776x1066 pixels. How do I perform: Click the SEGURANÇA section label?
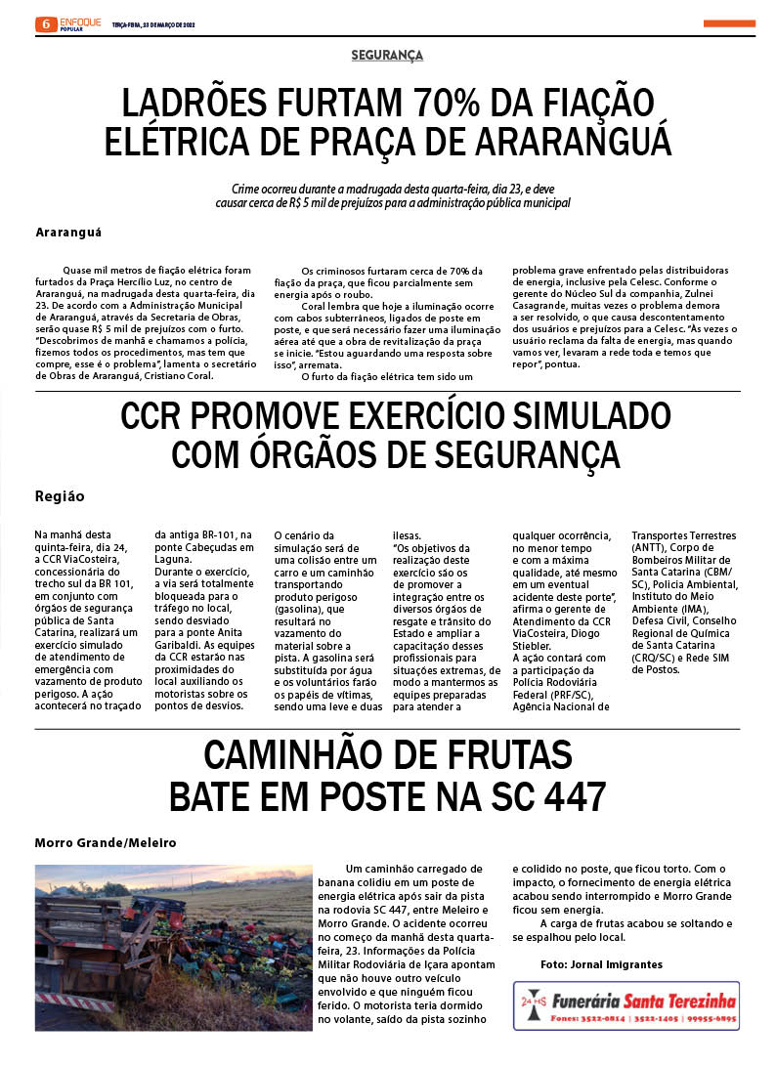click(387, 56)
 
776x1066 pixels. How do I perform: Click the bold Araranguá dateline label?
click(68, 233)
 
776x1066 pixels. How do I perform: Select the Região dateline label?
click(60, 496)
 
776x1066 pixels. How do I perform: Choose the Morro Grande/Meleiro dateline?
click(106, 842)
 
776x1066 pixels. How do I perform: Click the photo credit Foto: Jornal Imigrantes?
click(601, 964)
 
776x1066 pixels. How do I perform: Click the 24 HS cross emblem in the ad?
click(533, 1004)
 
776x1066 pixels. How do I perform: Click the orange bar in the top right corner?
click(729, 23)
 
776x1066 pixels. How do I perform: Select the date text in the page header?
click(153, 24)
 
